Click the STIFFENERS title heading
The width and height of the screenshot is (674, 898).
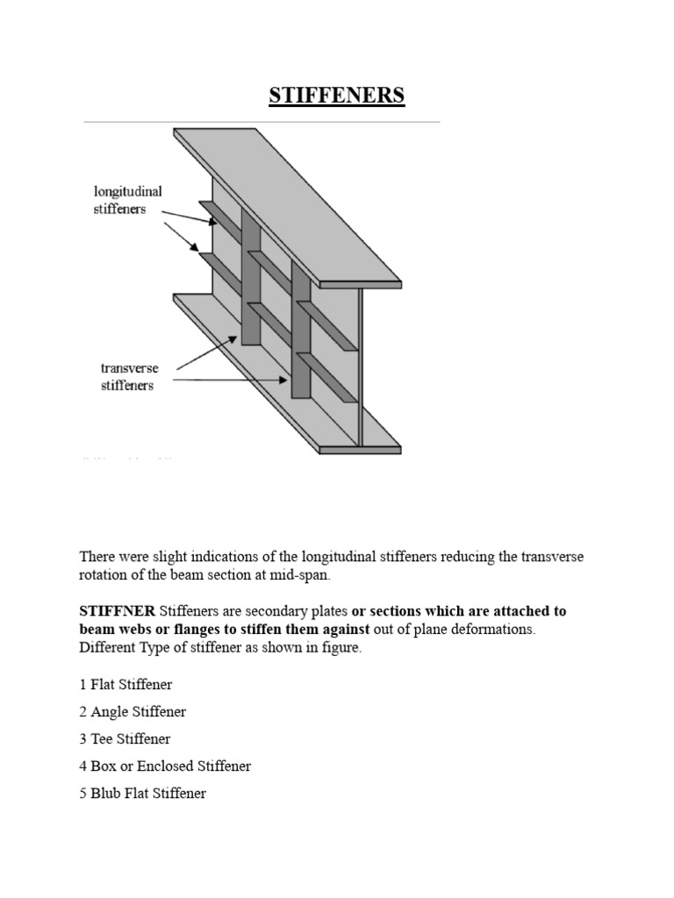[x=336, y=95]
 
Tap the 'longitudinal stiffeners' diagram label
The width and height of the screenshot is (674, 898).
[x=127, y=200]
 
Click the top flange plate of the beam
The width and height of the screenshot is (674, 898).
[x=290, y=210]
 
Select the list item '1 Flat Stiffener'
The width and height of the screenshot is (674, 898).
[x=125, y=684]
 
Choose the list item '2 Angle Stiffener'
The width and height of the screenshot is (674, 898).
[x=133, y=712]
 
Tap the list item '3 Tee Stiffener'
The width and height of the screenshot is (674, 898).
[x=125, y=739]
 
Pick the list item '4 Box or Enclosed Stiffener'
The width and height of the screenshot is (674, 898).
[x=165, y=766]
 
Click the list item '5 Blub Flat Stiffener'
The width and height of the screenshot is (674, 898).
[x=143, y=794]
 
